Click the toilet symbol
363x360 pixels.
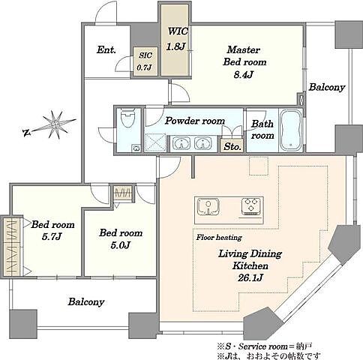(x=127, y=118)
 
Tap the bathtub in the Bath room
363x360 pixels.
(x=291, y=130)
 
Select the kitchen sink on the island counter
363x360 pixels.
(x=208, y=207)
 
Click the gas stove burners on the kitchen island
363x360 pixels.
(x=251, y=206)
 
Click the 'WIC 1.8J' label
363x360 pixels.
(x=177, y=38)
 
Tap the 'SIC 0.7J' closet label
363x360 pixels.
(x=145, y=61)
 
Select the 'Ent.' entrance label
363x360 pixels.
(x=106, y=49)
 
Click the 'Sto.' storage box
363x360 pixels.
(x=232, y=145)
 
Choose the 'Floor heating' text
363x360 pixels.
(x=219, y=238)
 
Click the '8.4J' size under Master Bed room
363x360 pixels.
(x=244, y=74)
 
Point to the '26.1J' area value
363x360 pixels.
(x=250, y=277)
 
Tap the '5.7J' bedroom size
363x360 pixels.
(x=52, y=236)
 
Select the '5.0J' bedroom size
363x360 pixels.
(x=120, y=245)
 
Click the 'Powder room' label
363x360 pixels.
(x=195, y=121)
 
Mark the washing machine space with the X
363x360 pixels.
(x=155, y=142)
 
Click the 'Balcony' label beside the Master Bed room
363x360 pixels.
(x=327, y=87)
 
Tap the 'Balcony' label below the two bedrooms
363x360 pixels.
(x=86, y=302)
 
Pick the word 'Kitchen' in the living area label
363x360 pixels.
(x=250, y=265)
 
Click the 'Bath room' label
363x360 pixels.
(x=262, y=130)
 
